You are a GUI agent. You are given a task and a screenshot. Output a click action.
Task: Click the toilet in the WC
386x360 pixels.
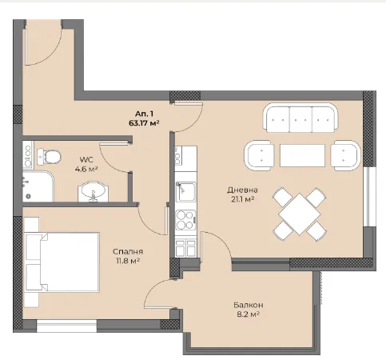pos(49,157)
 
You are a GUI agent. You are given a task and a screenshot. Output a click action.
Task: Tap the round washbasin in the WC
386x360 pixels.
pos(94,191)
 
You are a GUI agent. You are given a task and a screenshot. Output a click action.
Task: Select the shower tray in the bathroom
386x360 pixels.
pos(38,186)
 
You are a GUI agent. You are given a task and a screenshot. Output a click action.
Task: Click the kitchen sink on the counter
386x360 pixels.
pos(186,192)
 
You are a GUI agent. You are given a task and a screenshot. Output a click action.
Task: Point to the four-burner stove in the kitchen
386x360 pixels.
pos(186,220)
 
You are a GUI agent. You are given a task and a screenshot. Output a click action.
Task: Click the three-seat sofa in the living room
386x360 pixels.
pos(300,118)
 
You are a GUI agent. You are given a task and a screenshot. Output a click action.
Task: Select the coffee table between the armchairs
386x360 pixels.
pos(302,155)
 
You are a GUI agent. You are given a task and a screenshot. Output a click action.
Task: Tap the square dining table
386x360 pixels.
pos(300,214)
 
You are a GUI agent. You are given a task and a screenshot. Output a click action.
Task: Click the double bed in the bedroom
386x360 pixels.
pos(62,262)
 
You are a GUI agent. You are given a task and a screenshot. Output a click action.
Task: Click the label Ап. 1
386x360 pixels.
pos(144,114)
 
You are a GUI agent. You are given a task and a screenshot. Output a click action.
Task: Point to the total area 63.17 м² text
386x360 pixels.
pos(144,123)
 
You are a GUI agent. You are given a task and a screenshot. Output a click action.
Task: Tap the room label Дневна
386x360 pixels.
pos(242,190)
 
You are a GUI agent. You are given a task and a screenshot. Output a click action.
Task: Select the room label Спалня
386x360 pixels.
pos(128,251)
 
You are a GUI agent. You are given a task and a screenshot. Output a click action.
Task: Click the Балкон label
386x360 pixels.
pos(249,305)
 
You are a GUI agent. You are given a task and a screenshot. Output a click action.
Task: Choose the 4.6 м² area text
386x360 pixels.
pos(86,169)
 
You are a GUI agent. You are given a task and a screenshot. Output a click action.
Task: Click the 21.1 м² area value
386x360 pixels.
pos(242,199)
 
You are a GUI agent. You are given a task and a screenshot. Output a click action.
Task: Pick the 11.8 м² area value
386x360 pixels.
pos(128,261)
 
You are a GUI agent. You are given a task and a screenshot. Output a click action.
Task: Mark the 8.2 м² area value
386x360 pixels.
pos(249,314)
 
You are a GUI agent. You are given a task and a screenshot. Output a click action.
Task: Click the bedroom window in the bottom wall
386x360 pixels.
pos(66,326)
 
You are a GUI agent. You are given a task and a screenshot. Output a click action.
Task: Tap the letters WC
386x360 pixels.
pos(86,160)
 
